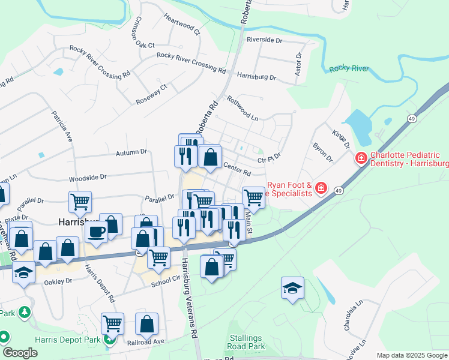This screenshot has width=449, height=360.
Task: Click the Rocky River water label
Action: (348, 69)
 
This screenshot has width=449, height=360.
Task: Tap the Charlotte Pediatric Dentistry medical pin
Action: (361, 158)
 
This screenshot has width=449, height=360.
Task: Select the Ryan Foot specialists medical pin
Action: (321, 189)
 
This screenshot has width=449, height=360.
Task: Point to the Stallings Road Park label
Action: (247, 343)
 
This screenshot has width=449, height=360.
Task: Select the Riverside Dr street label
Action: (264, 40)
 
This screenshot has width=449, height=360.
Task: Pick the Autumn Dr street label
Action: (131, 152)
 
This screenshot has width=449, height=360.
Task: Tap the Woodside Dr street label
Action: (87, 178)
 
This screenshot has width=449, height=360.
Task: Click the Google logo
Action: (20, 353)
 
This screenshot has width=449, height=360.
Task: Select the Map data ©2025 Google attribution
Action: (412, 355)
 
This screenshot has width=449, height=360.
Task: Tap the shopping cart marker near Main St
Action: (253, 196)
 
